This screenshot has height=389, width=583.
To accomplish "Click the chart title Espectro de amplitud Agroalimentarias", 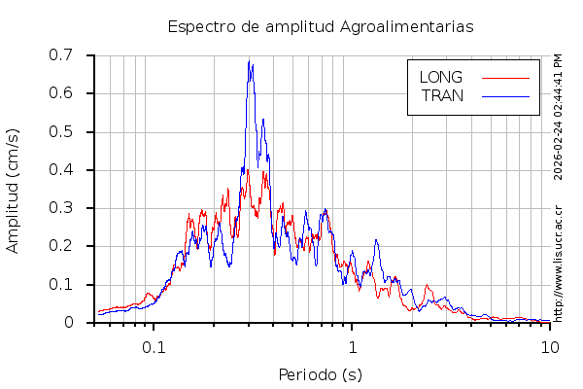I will click(321, 27).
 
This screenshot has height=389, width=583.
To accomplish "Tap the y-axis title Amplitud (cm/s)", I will click(13, 190).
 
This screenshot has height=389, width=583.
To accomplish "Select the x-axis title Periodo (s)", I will click(321, 374).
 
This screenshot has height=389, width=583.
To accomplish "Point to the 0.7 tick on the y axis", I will click(74, 55).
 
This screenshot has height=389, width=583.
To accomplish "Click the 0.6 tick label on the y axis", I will click(74, 93).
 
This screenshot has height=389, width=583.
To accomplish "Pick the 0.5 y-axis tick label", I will click(74, 131).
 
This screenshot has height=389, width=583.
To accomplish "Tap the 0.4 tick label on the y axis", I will click(74, 169).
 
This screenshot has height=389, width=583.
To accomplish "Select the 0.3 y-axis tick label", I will click(74, 207).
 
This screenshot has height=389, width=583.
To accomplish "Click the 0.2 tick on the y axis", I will click(74, 246).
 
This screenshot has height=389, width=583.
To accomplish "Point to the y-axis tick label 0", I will click(82, 322).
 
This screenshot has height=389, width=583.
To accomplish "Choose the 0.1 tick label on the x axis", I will click(154, 346).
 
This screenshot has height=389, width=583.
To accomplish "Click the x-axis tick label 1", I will click(352, 346).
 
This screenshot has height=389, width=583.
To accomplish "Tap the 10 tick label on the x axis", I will click(550, 346).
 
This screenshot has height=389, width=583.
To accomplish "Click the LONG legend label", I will click(440, 77).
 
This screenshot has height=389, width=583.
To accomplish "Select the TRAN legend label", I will click(442, 95).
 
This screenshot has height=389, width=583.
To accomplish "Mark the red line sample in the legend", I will click(505, 77).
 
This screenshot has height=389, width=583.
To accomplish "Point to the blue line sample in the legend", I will click(505, 95).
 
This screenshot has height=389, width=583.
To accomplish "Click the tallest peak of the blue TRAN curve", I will click(250, 62).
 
